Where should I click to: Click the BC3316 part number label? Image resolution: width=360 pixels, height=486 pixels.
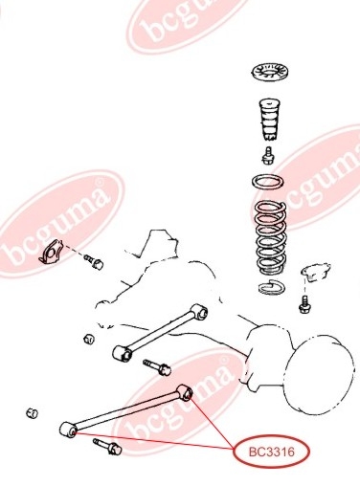[272, 452]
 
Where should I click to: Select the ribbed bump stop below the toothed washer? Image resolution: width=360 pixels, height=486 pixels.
[269, 120]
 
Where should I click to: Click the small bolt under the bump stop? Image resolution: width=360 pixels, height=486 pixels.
[269, 156]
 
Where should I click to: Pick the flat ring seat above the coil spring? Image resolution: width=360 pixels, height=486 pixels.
[268, 183]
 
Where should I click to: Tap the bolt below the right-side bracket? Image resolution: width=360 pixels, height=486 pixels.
[304, 304]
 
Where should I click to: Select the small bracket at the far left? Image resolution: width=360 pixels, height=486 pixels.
[51, 253]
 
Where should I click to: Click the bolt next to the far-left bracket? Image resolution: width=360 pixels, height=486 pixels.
[94, 261]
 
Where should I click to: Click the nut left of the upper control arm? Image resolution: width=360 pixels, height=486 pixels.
[89, 339]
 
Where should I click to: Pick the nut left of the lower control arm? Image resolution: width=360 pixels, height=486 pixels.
[32, 413]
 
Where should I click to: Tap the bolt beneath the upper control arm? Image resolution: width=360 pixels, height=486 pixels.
[157, 367]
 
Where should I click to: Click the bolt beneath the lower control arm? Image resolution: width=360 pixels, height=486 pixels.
[107, 447]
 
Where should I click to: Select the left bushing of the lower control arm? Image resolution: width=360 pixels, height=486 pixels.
[68, 430]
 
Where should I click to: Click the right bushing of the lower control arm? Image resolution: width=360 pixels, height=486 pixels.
[185, 392]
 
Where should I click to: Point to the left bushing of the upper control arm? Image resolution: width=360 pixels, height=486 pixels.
[123, 354]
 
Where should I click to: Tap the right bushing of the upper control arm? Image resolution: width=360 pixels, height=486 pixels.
[199, 312]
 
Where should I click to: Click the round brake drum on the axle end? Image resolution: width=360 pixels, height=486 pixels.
[319, 375]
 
